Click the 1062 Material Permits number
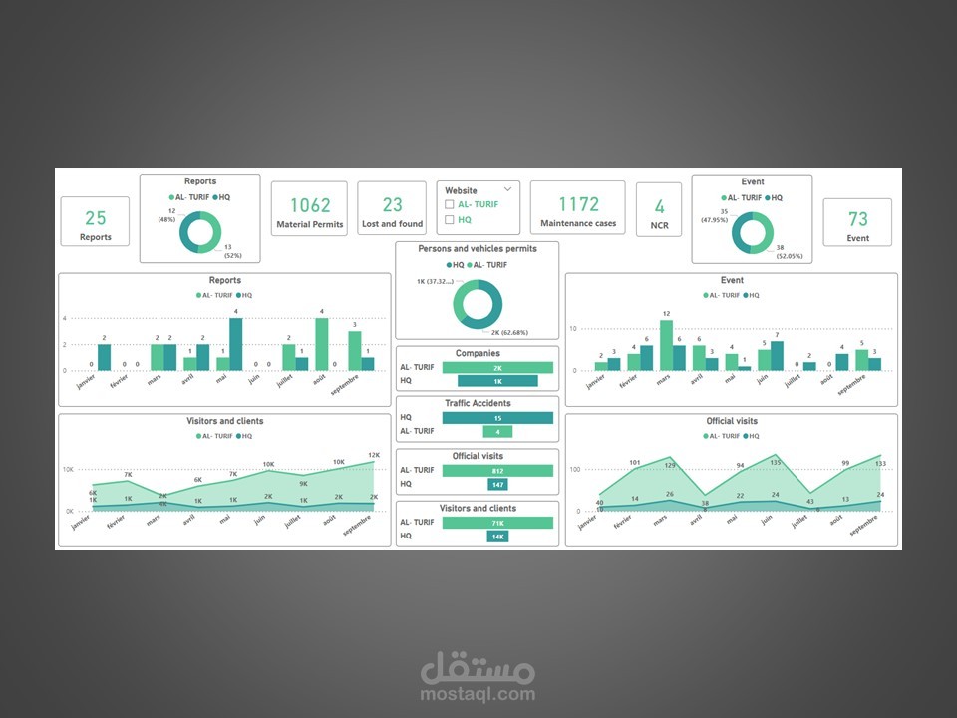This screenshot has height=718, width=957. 309,205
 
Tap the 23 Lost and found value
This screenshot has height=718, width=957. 392,205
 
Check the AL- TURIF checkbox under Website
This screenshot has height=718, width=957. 449,204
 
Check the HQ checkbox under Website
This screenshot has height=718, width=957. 449,220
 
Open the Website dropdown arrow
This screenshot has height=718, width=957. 508,188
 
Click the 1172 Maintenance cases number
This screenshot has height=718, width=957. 578,204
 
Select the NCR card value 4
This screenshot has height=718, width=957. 659,207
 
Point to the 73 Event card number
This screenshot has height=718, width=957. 857,219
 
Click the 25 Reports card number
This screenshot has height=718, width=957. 95,218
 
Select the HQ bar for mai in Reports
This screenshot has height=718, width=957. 236,344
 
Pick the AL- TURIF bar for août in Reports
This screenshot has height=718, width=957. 322,344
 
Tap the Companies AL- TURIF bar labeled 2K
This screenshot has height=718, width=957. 496,367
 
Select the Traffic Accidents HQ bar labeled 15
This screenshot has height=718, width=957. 496,418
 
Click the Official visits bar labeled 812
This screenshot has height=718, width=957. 496,470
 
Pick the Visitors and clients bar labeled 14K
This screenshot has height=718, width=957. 496,537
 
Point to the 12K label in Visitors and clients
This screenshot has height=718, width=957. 374,455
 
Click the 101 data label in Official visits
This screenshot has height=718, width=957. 635,463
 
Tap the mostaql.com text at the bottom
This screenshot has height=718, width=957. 478,695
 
